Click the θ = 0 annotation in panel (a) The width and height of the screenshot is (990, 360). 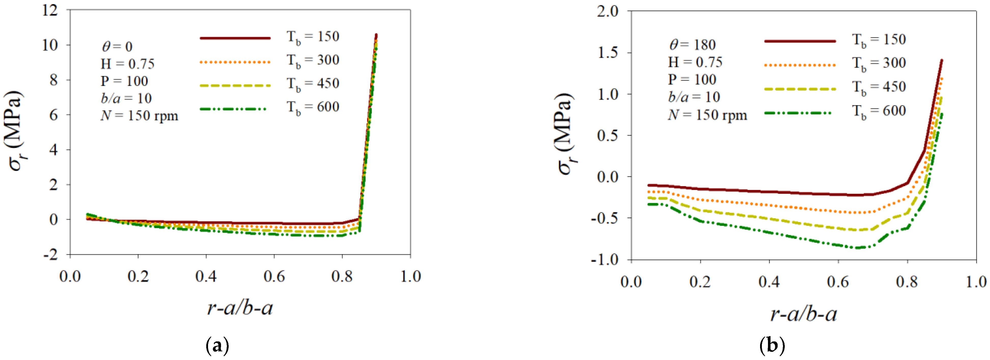click(x=117, y=47)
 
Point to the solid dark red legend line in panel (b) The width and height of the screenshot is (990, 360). click(x=800, y=41)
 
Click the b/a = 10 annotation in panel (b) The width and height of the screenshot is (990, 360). click(x=694, y=97)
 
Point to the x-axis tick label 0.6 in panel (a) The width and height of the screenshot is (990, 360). click(x=274, y=276)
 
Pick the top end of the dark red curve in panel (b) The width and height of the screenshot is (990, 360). click(x=942, y=60)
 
